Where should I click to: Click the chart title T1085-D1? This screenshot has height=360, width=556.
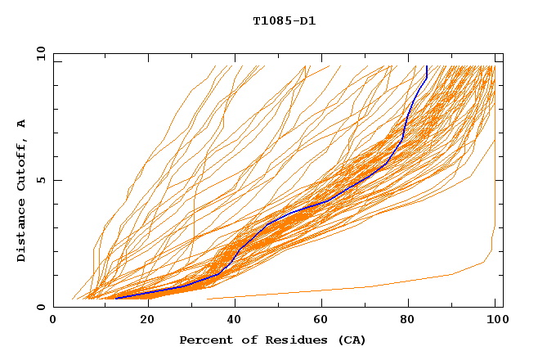tap(284, 20)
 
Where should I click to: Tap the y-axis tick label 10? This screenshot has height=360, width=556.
tap(40, 54)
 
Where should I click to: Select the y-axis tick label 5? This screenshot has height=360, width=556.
tap(43, 180)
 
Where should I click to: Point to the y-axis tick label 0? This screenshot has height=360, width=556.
tap(43, 307)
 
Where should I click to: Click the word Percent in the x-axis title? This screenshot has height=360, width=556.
tap(204, 340)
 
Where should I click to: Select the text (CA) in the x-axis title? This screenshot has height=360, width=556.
tap(352, 340)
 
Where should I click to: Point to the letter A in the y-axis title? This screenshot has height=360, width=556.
tap(22, 124)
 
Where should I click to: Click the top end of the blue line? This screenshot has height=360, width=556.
tap(427, 66)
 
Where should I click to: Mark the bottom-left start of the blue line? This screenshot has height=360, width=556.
tap(115, 298)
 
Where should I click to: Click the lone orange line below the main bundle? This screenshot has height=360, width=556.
tap(368, 287)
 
